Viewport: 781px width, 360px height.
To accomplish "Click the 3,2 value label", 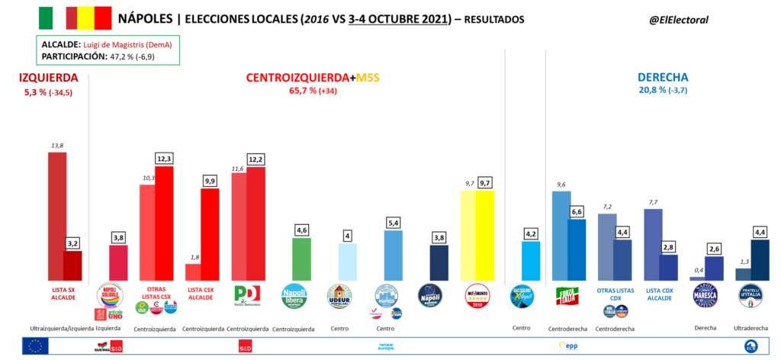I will [72, 243].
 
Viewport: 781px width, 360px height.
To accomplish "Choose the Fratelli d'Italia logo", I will [750, 295].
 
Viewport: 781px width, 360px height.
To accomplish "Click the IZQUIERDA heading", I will [49, 78].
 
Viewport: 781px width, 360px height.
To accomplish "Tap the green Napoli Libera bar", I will [301, 259].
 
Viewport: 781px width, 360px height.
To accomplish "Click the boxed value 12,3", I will [165, 158].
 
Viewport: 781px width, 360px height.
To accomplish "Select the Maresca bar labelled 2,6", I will [715, 268].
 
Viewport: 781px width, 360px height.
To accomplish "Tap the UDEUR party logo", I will [338, 296].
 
